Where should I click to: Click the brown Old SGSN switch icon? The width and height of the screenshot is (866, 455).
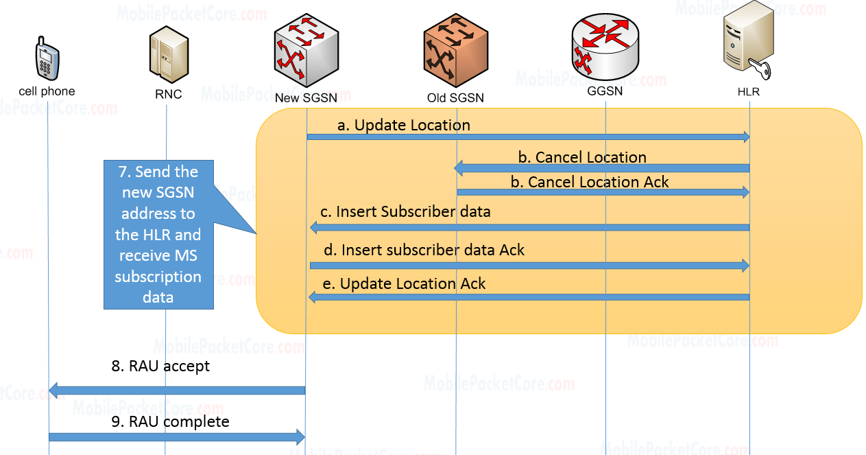click(455, 50)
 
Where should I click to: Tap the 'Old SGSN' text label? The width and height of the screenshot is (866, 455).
click(455, 98)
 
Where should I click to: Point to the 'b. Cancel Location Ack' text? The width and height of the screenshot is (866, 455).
click(590, 182)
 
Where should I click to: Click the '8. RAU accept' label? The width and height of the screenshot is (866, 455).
click(169, 366)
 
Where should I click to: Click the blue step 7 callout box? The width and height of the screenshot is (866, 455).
click(158, 235)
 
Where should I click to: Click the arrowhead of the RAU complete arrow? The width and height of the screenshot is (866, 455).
click(299, 436)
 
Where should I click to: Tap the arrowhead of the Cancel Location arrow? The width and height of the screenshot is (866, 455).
click(460, 168)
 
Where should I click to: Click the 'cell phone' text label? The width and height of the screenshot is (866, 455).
click(47, 91)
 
